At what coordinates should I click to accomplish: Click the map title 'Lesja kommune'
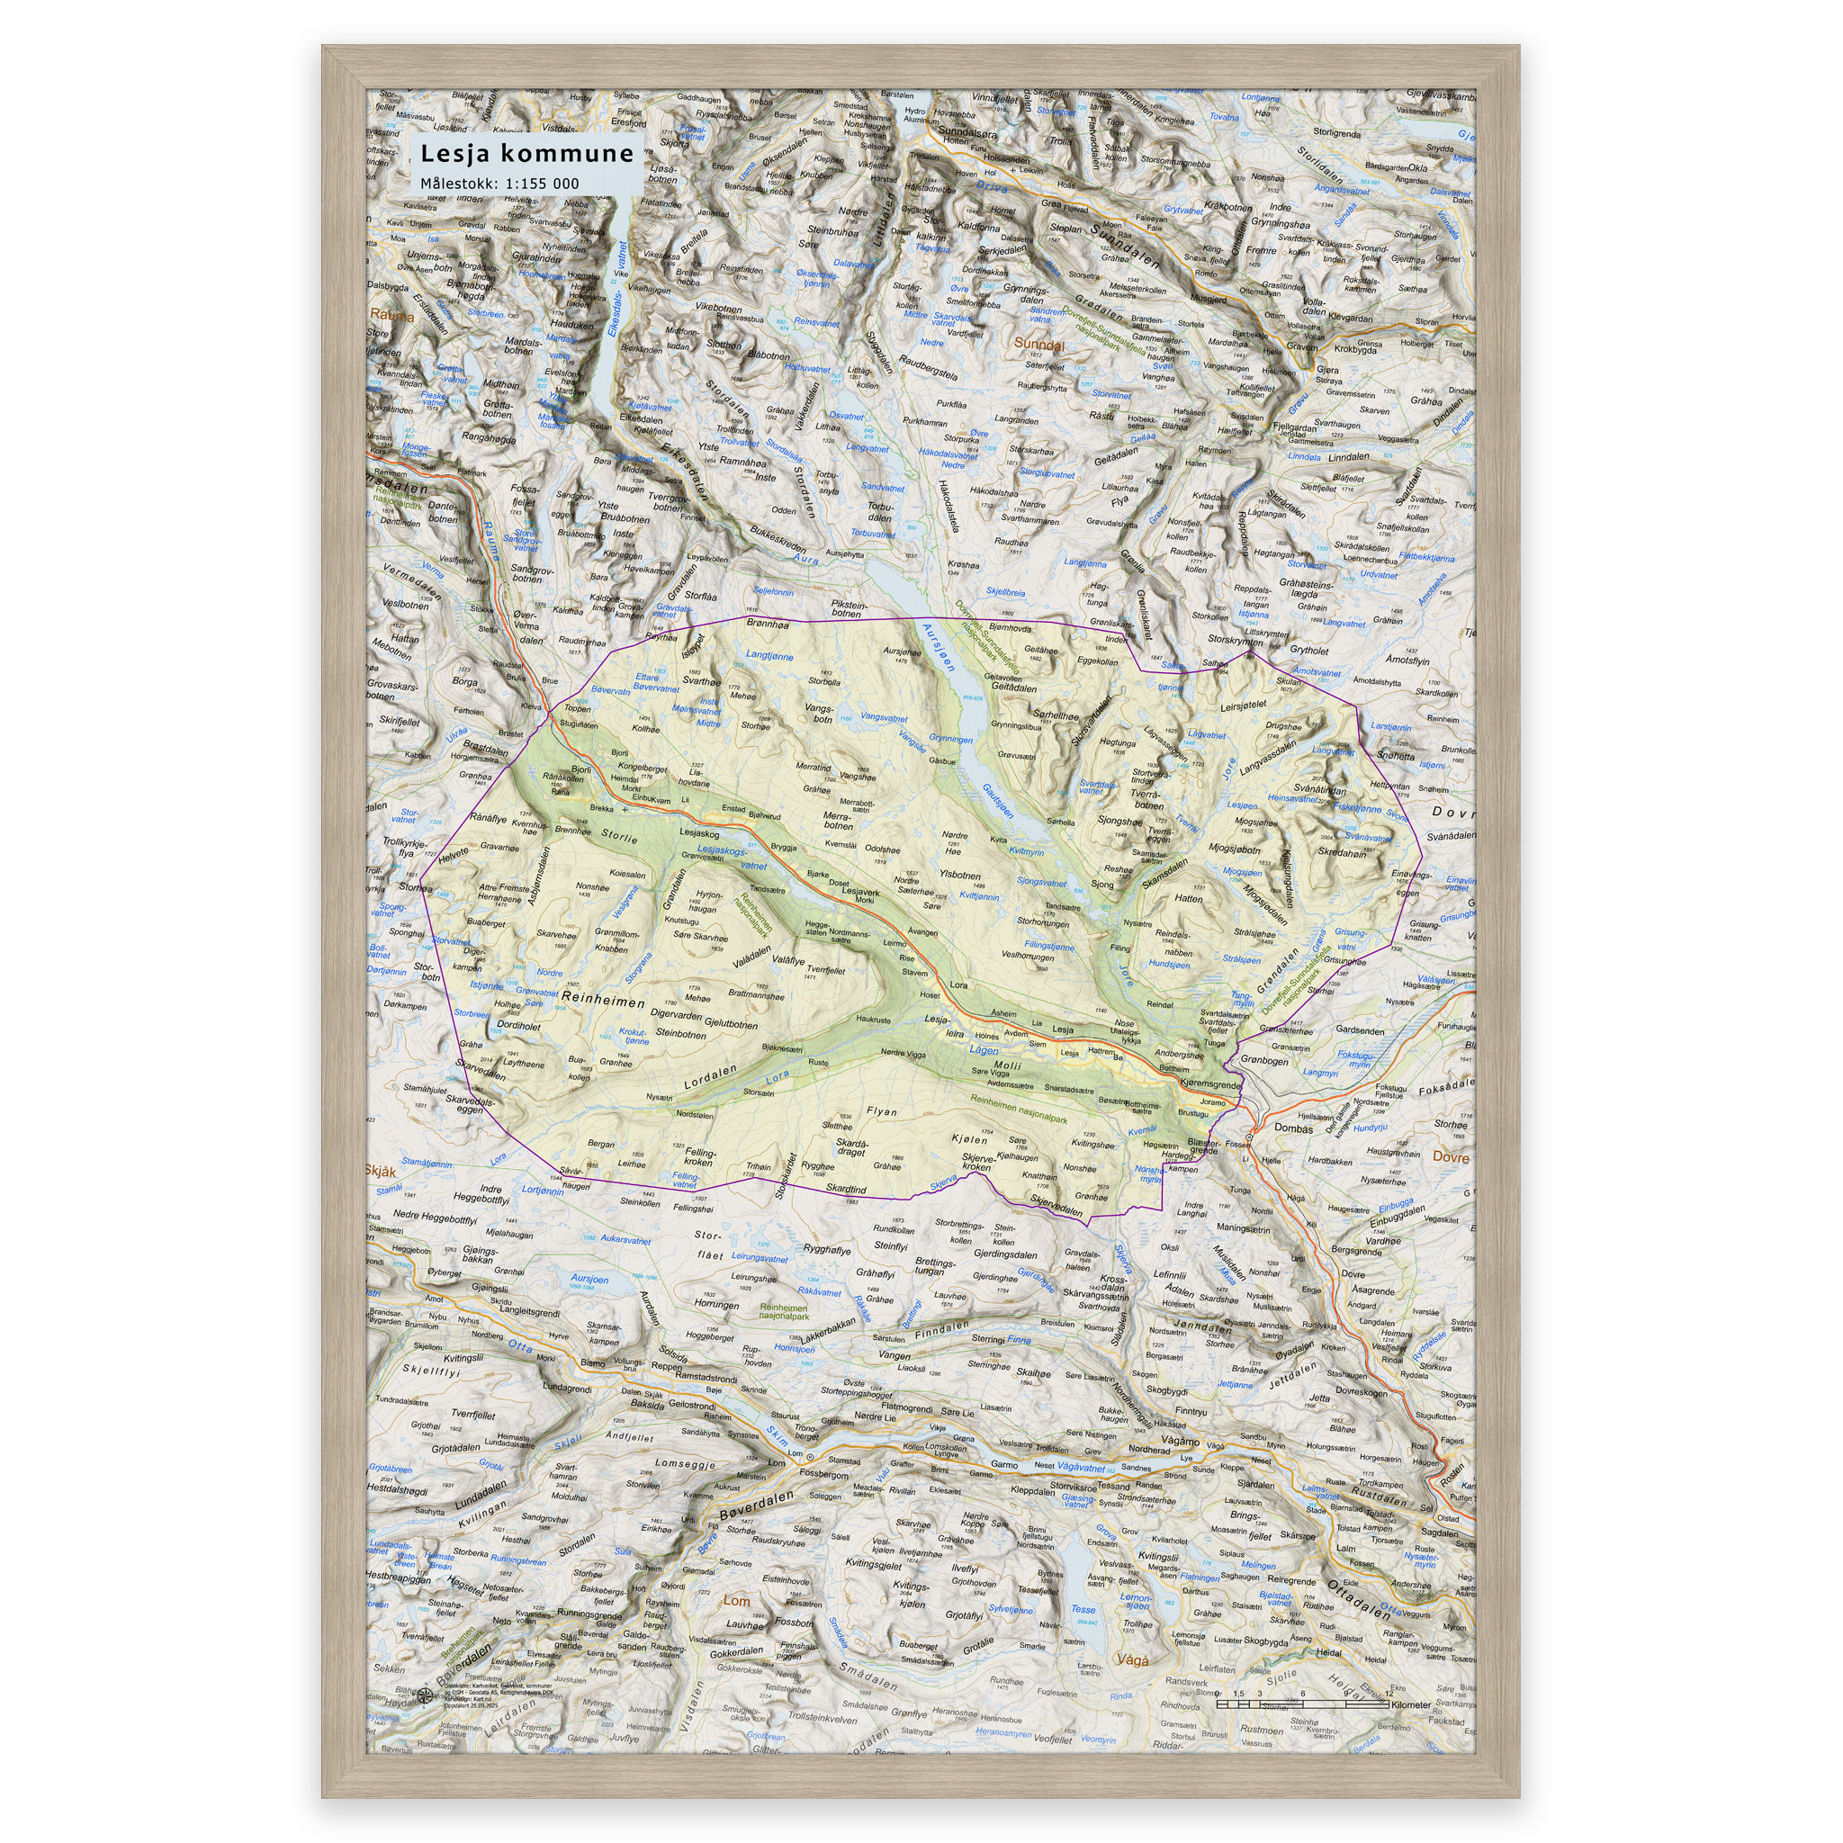526,154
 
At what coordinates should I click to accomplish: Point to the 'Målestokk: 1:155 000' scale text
499,184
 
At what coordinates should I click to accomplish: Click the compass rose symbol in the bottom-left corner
427,1695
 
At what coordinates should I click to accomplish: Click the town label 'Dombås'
1293,1128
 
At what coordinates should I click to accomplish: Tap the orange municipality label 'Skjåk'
381,1171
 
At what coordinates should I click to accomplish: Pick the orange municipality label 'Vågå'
1130,1659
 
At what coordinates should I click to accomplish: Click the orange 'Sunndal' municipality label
1038,344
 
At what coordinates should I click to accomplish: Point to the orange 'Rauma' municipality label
392,316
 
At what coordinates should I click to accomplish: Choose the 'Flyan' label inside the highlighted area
880,1111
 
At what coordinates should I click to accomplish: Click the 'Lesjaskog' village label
699,832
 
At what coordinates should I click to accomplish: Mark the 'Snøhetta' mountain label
1396,757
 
